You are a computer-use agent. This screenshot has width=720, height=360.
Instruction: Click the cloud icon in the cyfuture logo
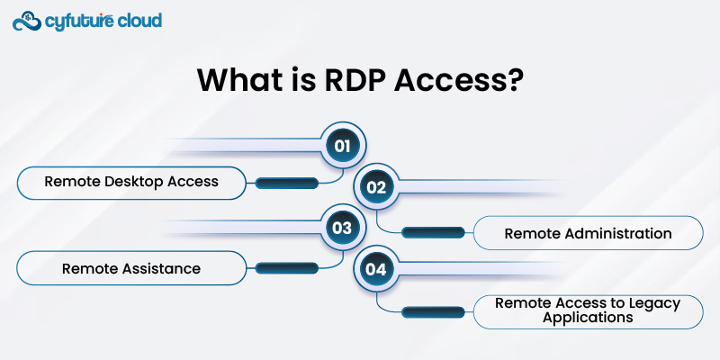click(28, 21)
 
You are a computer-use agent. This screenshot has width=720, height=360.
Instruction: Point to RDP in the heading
click(351, 80)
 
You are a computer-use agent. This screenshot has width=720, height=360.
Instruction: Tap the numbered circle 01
click(343, 146)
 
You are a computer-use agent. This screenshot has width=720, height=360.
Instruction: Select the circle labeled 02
click(376, 187)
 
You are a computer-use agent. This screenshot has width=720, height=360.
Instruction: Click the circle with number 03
click(343, 228)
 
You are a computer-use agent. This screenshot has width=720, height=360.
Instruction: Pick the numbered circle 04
click(376, 269)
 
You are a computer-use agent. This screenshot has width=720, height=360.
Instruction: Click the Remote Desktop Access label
click(131, 183)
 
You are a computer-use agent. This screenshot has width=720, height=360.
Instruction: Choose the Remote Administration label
click(588, 233)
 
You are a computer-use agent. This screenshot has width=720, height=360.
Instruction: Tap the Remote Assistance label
click(131, 268)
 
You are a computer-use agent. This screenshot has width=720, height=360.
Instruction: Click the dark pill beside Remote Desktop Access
click(287, 184)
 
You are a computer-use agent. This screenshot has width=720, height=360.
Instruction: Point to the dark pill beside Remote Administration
click(433, 233)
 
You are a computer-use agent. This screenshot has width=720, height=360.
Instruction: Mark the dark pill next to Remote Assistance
click(287, 268)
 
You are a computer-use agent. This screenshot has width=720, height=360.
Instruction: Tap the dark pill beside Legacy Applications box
click(433, 312)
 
